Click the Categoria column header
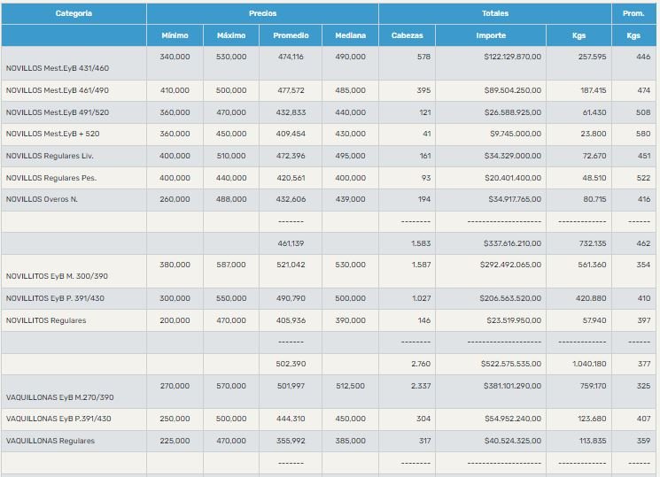74,13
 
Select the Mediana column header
350,35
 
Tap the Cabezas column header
407,35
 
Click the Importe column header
490,35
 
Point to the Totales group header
495,13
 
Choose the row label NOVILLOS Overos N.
42,199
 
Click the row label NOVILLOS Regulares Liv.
50,156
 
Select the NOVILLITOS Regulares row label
46,320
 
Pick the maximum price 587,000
231,264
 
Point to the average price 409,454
291,134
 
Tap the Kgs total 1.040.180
589,363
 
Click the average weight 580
643,134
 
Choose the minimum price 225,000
175,441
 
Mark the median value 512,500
351,386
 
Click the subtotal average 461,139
291,242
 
